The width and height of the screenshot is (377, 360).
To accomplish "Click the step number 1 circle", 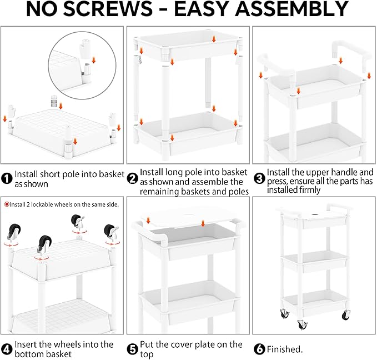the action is point(7,178).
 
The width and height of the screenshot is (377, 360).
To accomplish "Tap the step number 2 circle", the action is point(133,178).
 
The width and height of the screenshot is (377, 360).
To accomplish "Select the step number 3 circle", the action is point(259,178).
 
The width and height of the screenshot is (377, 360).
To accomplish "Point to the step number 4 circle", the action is point(7,349).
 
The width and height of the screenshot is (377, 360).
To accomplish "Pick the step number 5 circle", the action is point(133,349).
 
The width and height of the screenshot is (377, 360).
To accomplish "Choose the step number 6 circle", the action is point(259,349).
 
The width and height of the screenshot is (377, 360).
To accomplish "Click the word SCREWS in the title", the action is point(108,9).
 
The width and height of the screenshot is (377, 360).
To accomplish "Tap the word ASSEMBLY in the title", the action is point(291,9).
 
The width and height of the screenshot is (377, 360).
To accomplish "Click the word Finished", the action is point(285,349).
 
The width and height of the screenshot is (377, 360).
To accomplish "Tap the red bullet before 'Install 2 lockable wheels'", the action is point(7,204).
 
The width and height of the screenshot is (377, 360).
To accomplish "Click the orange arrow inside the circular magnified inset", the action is point(94,60).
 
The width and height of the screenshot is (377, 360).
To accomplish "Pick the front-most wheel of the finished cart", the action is point(302,324).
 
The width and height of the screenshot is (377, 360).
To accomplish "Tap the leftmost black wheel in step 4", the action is point(14,232).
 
